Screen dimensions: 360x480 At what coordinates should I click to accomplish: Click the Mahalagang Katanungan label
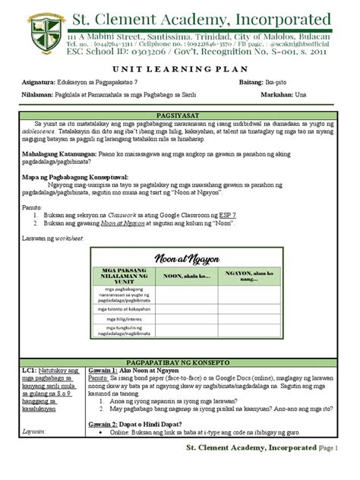[x=57, y=154]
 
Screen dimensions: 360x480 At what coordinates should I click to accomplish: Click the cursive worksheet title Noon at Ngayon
[x=179, y=257]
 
